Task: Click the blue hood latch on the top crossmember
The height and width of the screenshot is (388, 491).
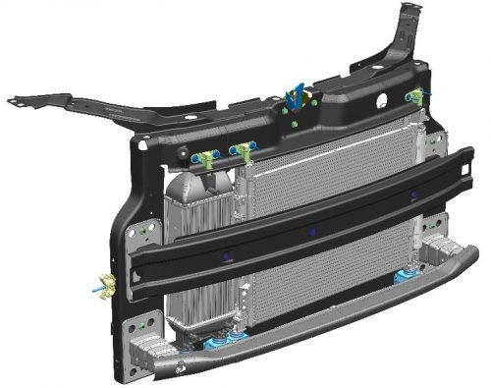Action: coord(294,98)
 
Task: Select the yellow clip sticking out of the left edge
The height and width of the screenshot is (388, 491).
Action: coord(106,287)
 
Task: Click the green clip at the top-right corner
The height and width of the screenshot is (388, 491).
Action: coord(417,96)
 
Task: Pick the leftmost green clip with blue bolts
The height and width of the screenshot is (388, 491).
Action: coord(204,157)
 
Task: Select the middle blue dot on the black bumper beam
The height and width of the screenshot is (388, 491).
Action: coord(312,232)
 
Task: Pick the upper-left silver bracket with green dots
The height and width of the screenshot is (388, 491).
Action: coord(147,231)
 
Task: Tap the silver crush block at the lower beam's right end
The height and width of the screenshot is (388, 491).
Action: coord(437,250)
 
